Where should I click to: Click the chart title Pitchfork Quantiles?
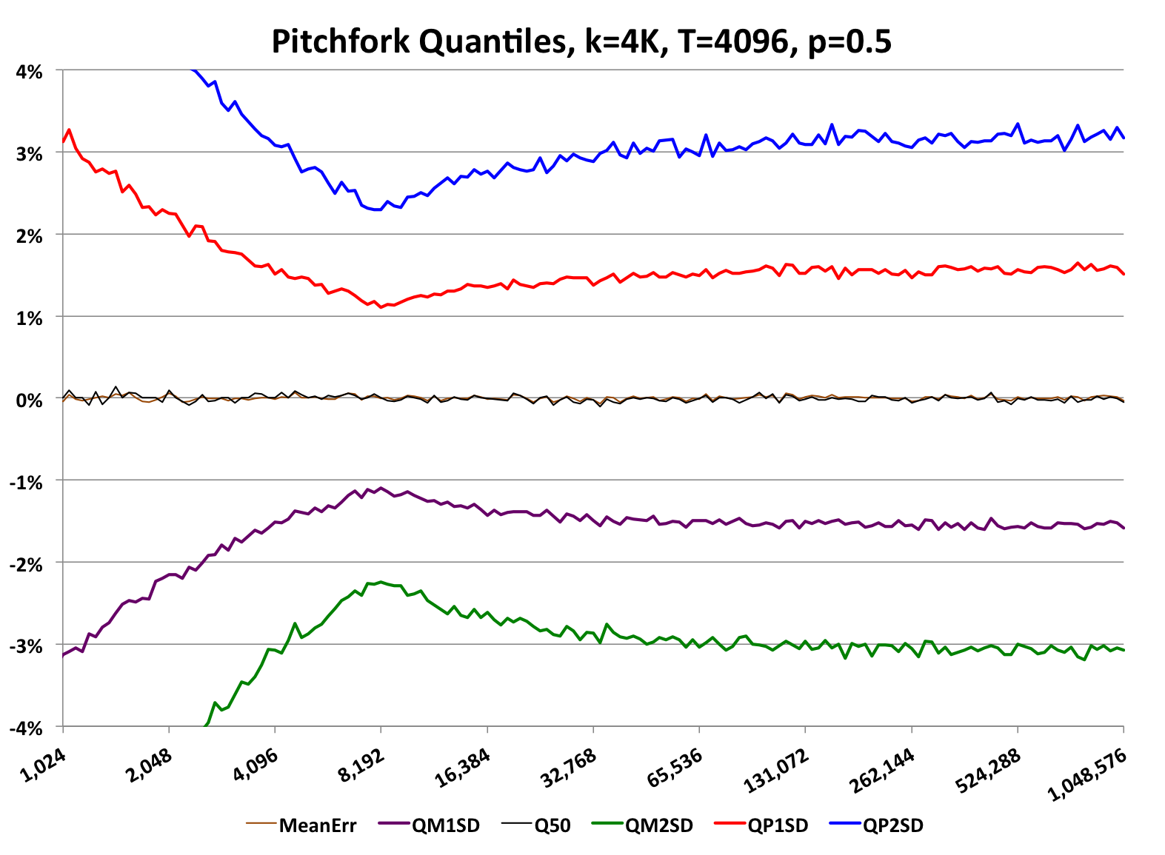[581, 41]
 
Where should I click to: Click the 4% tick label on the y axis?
[29, 72]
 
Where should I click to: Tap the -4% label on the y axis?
[27, 728]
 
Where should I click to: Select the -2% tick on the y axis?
[27, 564]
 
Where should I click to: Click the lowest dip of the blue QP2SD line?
[378, 209]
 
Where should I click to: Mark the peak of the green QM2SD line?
[381, 582]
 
